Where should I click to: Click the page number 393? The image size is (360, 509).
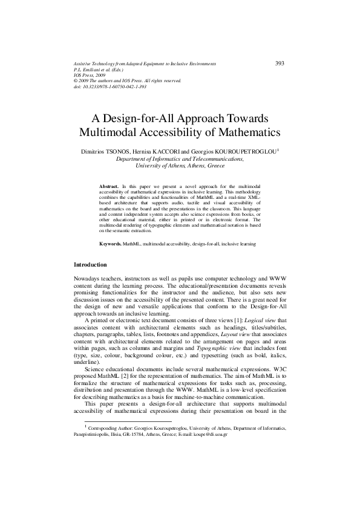tap(280, 63)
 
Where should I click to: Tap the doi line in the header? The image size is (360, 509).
tap(110, 87)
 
